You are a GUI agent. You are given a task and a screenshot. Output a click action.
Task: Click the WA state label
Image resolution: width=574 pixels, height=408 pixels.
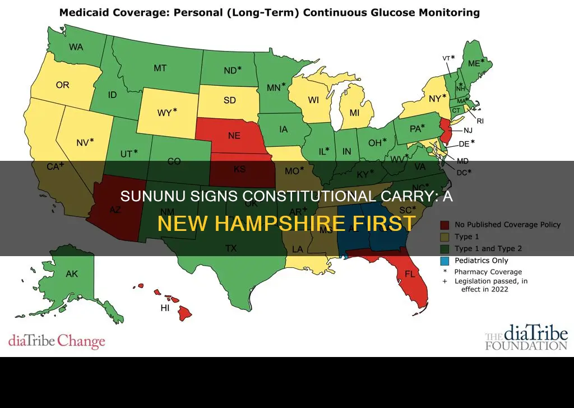(x=76, y=47)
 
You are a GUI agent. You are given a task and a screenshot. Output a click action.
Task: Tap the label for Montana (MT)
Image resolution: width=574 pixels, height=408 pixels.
(x=160, y=68)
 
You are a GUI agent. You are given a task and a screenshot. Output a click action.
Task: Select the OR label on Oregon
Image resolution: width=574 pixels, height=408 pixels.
(x=62, y=86)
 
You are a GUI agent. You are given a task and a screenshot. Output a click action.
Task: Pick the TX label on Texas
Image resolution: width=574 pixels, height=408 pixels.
(x=230, y=248)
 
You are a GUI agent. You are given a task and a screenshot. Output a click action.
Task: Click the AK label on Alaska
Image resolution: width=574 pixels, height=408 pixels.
(x=72, y=274)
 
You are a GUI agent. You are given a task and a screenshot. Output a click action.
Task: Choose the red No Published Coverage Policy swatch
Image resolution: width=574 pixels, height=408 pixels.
(x=447, y=225)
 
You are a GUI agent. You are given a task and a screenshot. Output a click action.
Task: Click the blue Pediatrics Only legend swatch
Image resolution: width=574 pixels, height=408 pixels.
(x=447, y=260)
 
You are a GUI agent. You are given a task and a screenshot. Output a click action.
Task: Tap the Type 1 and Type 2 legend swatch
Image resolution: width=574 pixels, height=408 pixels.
(x=447, y=248)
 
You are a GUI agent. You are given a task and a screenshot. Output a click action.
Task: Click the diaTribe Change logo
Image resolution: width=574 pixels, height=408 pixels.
(x=57, y=341)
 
